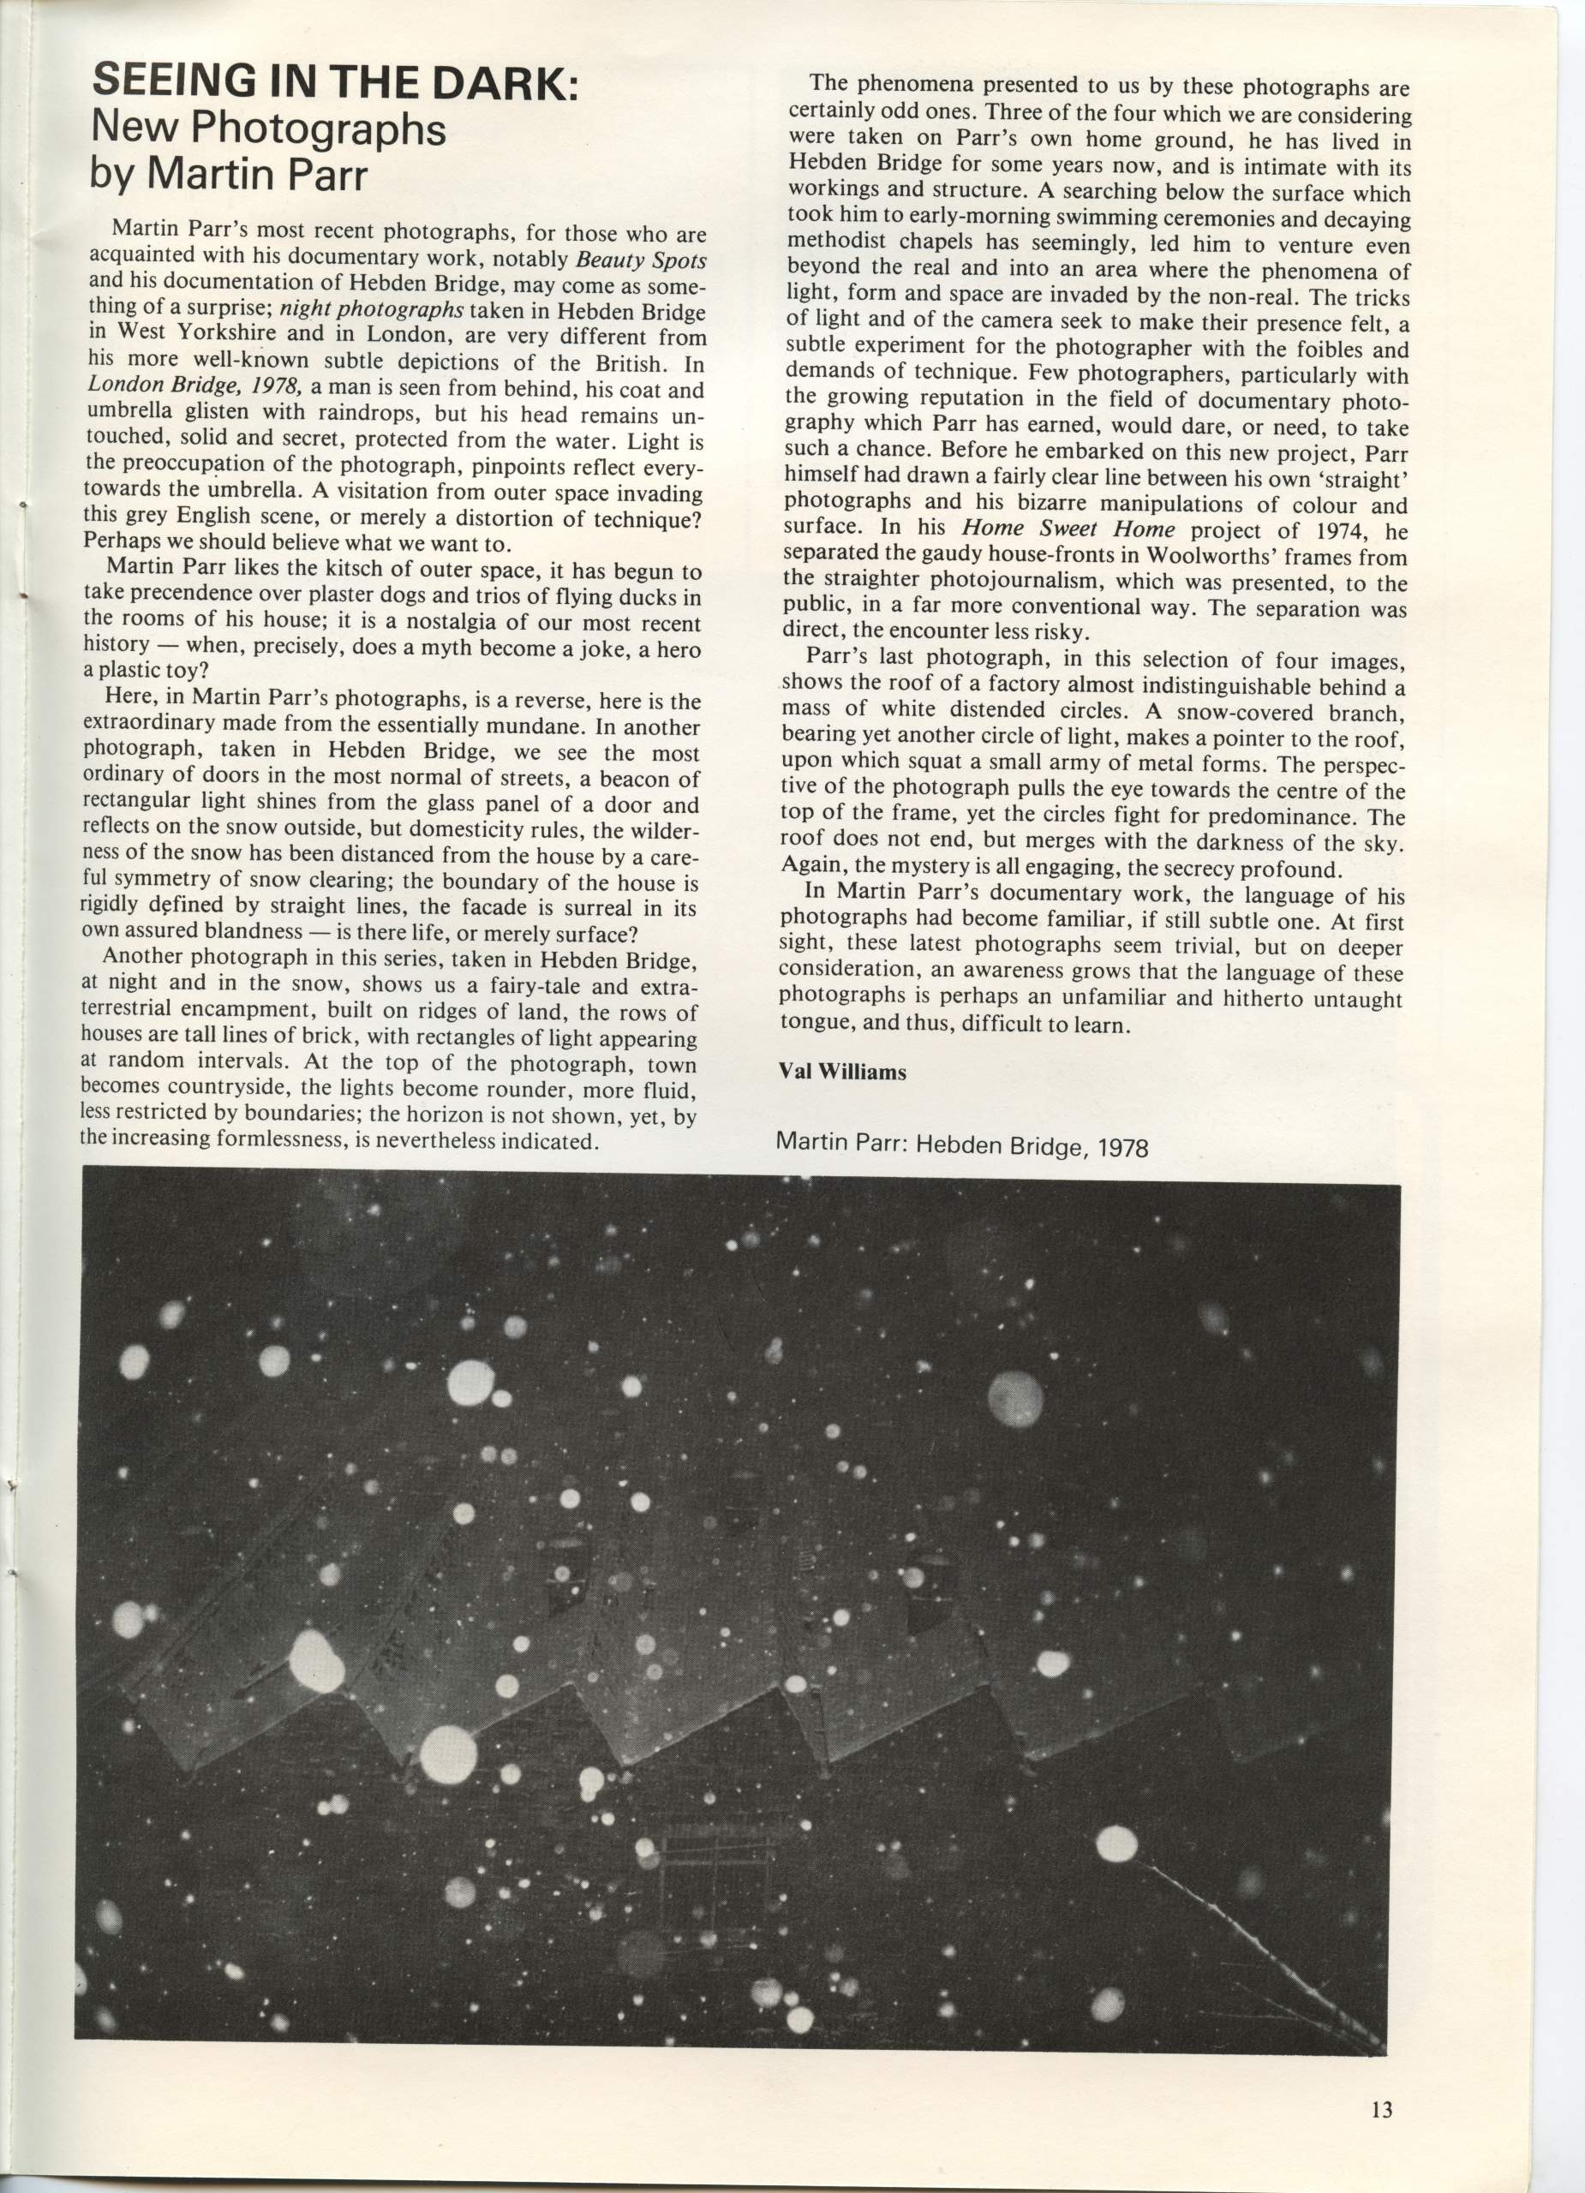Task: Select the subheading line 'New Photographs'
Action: pyautogui.click(x=268, y=128)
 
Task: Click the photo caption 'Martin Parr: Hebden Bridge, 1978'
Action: pyautogui.click(x=963, y=1146)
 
